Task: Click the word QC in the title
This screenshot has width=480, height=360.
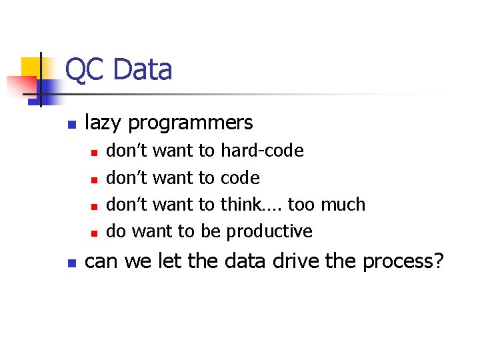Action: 85,70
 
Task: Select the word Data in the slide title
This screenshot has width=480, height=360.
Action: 142,70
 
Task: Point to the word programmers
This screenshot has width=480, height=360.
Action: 191,123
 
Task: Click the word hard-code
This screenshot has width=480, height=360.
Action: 262,151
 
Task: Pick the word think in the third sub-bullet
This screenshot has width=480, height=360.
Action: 241,204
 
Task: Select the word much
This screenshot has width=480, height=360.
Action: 343,204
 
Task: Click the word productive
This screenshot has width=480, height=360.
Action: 269,231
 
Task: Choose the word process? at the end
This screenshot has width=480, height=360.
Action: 403,261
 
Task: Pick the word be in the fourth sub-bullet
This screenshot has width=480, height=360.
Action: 210,231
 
